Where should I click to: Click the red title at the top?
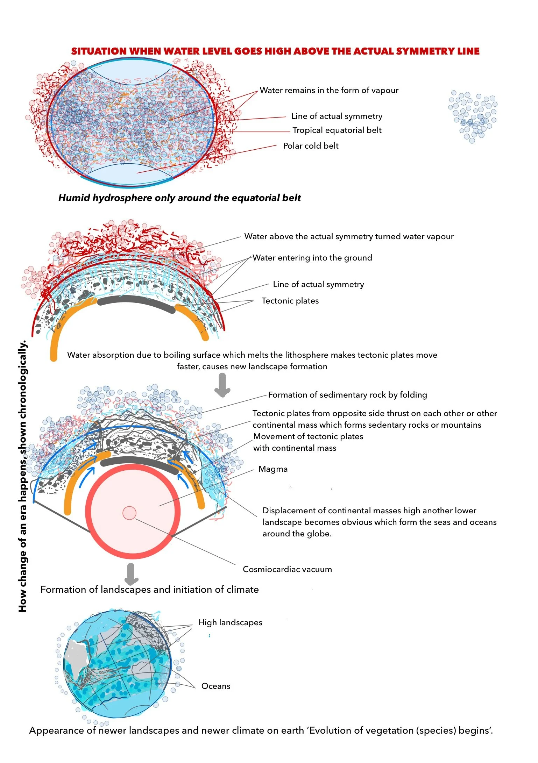coord(275,51)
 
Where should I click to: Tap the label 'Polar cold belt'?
coord(311,146)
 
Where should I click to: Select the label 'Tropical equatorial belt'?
coord(337,130)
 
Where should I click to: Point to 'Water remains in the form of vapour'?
coord(329,90)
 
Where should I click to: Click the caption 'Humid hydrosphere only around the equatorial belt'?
coord(179,198)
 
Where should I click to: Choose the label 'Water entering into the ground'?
coord(312,258)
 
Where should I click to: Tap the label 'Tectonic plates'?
coord(290,301)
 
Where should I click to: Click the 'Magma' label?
coord(273,469)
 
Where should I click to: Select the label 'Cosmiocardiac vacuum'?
coord(287,569)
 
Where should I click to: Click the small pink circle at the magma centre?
coord(129,513)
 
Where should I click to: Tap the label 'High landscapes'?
coord(230,622)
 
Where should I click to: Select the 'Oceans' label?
coord(216,686)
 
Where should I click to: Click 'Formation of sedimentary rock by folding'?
coord(347,395)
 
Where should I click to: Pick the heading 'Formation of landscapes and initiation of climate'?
coord(149,590)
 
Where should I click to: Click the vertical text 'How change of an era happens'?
coord(22,476)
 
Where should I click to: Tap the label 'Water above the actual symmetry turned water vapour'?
coord(349,236)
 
